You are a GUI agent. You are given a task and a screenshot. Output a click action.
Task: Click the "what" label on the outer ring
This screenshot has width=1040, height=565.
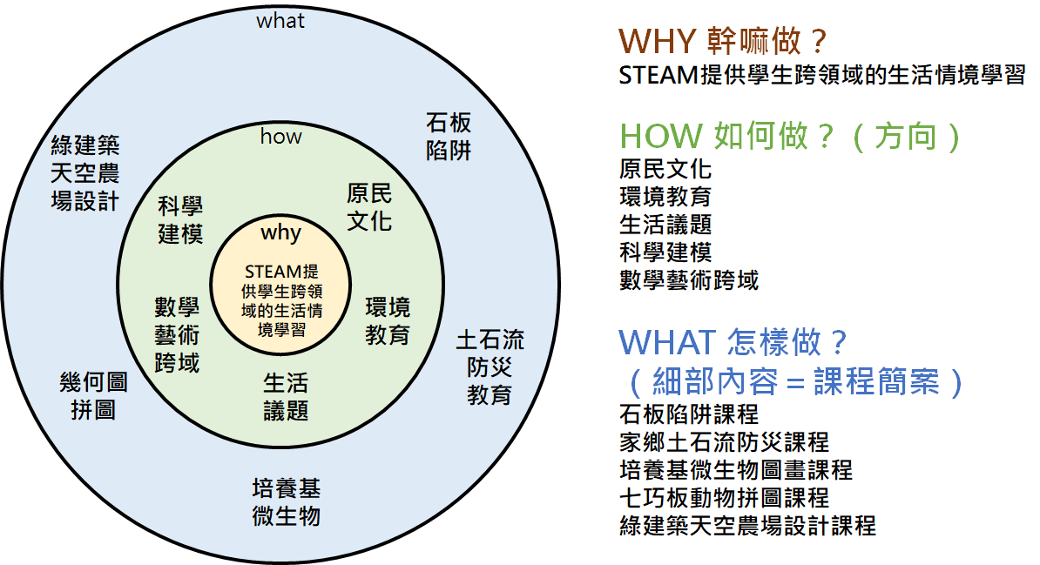click(280, 21)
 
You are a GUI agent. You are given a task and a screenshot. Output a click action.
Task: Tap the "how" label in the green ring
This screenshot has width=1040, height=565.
click(280, 137)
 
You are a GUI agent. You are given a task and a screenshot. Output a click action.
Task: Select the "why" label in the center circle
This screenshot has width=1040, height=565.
click(280, 232)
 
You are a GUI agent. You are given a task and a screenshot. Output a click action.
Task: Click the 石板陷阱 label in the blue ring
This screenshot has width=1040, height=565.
click(449, 135)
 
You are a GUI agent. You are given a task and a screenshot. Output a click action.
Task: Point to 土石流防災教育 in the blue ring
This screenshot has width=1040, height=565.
click(490, 367)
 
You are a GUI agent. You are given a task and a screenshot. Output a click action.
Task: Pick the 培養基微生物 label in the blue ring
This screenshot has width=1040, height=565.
click(286, 501)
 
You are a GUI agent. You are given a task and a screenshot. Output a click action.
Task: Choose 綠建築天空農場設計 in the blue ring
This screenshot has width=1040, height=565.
click(85, 172)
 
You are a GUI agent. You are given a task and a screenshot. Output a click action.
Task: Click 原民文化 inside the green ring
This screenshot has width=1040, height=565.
click(369, 206)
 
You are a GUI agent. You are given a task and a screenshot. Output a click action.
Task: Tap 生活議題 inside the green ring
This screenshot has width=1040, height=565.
click(286, 396)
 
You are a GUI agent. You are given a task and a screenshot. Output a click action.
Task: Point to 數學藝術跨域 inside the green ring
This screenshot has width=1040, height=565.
click(178, 334)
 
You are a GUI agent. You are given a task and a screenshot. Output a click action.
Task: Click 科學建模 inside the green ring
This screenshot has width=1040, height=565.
click(181, 220)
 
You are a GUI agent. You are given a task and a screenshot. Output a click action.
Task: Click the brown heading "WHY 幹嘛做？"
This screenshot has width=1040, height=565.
click(722, 41)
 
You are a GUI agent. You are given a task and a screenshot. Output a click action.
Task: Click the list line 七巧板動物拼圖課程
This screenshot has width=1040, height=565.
click(724, 498)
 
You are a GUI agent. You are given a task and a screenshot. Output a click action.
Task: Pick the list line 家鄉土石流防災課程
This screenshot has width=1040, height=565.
click(724, 442)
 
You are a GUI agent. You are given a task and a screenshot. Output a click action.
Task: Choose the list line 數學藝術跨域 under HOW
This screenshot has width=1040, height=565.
click(689, 280)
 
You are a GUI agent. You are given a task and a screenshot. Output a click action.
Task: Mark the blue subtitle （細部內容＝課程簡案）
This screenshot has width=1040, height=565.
click(792, 381)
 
